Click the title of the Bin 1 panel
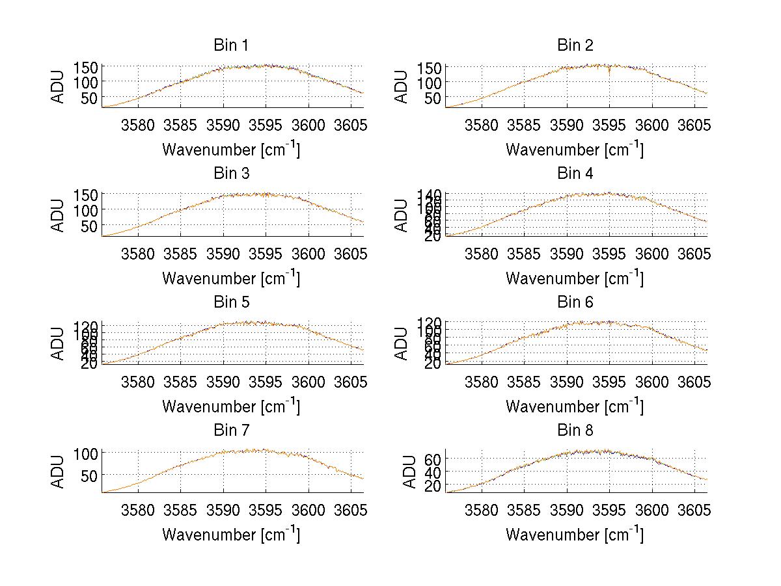230,46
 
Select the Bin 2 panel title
575,46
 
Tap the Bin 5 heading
230,302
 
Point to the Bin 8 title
575,431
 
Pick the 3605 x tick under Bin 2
694,125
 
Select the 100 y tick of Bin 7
87,453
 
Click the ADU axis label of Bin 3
59,215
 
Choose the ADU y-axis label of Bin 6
402,343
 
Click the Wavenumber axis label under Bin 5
230,406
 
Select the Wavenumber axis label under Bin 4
575,278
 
